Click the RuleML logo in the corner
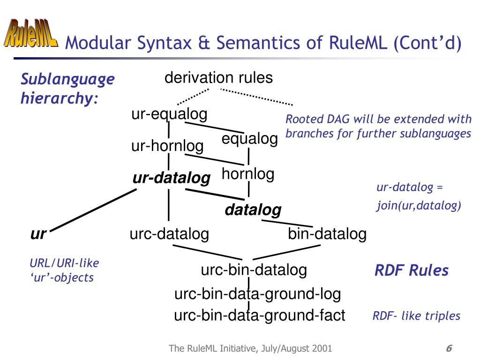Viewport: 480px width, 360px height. click(x=31, y=33)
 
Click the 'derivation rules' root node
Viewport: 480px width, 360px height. click(x=218, y=78)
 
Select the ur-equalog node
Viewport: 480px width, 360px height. click(x=169, y=114)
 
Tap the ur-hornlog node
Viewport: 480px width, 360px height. click(x=167, y=146)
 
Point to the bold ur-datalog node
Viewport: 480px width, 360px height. click(x=172, y=178)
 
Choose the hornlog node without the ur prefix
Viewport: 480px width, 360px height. click(x=248, y=174)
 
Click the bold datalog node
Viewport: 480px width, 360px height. click(x=253, y=210)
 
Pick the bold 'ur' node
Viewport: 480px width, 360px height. click(x=38, y=233)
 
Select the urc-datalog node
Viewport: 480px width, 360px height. click(x=169, y=233)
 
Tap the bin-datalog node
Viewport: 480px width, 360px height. click(x=327, y=233)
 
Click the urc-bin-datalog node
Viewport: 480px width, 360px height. click(x=254, y=270)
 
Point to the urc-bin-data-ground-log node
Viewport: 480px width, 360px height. click(x=257, y=294)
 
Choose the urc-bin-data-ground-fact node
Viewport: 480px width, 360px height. click(x=260, y=315)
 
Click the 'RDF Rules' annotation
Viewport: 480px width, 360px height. click(x=411, y=270)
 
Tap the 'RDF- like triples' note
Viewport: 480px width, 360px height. click(x=416, y=316)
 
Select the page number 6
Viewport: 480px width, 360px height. click(x=449, y=348)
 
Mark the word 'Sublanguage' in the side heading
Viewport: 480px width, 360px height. click(x=67, y=79)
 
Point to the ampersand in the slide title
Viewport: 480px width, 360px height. click(x=203, y=43)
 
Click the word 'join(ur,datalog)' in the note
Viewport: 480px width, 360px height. click(x=419, y=205)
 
